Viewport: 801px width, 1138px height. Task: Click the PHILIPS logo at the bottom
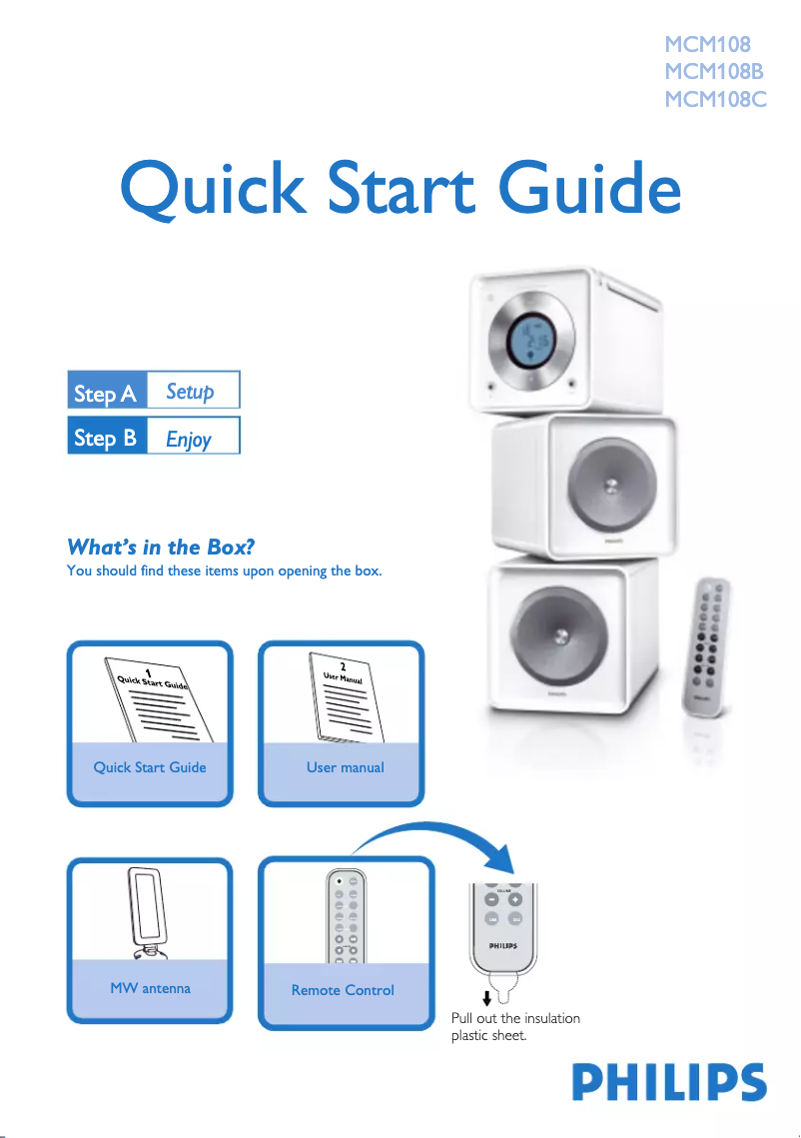click(669, 1082)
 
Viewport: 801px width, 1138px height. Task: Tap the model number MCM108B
click(714, 71)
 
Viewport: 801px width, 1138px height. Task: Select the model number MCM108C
click(715, 99)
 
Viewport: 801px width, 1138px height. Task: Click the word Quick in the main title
click(214, 188)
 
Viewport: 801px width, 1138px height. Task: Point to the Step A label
click(106, 394)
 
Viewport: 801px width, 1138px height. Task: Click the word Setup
click(190, 392)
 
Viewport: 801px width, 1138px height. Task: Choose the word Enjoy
click(189, 439)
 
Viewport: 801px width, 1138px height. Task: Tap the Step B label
click(106, 438)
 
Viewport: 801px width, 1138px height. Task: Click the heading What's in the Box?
click(161, 547)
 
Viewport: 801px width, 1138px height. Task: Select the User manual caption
click(346, 767)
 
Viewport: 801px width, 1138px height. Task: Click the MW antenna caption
click(150, 988)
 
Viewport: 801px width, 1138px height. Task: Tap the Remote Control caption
click(343, 990)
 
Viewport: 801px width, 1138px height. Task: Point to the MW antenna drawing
click(147, 912)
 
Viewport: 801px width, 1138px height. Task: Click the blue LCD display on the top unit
click(530, 341)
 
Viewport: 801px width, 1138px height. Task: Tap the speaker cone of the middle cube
click(611, 486)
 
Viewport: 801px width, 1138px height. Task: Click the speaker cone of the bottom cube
click(558, 636)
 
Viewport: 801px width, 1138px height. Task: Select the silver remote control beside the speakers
click(705, 645)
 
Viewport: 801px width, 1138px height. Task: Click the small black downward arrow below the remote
click(486, 999)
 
